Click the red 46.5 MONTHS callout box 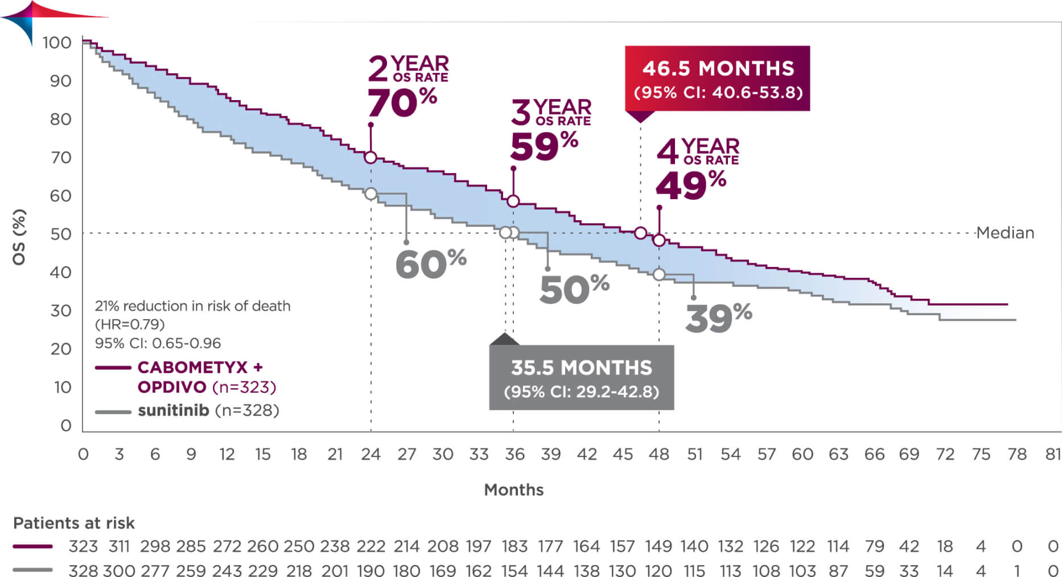pos(717,79)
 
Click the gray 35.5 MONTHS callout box pos(581,377)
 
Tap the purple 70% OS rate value pos(402,103)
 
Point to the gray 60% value pos(430,263)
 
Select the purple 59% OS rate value pos(544,147)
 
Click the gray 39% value pos(718,318)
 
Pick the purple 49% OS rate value pos(690,186)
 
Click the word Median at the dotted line pos(1005,233)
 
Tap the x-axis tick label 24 pos(371,454)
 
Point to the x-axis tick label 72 pos(945,454)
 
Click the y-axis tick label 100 pos(57,43)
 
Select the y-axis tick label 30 pos(61,311)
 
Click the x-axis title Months pos(513,489)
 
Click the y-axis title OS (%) pos(19,237)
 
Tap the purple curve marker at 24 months pos(371,158)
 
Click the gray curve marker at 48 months pos(659,275)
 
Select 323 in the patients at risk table pos(83,546)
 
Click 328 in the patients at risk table pos(83,570)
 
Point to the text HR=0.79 pos(130,324)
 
